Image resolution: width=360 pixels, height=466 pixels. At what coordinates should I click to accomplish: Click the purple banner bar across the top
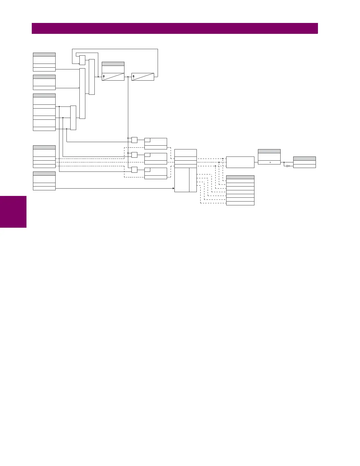tap(175, 29)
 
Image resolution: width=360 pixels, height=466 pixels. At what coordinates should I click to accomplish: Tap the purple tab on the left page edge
tap(13, 212)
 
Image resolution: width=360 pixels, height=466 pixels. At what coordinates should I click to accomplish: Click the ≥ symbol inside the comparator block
tap(270, 162)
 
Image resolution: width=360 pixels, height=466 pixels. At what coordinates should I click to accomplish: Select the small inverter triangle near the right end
tap(288, 166)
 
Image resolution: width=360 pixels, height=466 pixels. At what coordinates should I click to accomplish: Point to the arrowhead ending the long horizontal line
tap(174, 188)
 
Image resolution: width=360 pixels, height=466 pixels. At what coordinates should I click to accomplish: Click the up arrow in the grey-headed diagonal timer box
tap(104, 77)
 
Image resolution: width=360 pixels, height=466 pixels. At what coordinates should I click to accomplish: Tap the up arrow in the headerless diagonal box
tap(134, 77)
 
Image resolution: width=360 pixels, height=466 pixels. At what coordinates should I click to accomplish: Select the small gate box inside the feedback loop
tap(82, 60)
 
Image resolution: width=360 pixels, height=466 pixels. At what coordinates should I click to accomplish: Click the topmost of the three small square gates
tap(134, 140)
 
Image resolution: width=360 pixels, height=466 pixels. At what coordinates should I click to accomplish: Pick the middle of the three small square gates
tap(134, 155)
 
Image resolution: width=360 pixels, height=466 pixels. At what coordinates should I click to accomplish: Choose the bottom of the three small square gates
tap(134, 170)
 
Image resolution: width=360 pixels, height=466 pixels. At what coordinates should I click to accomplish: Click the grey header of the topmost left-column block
tap(44, 54)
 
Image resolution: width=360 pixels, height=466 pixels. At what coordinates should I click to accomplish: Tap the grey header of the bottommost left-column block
tap(44, 174)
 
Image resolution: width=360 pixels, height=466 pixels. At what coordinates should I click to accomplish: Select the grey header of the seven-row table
tap(240, 177)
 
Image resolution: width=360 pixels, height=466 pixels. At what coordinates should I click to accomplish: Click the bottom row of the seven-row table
tap(240, 203)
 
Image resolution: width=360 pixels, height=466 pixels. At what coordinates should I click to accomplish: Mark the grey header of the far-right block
tap(304, 159)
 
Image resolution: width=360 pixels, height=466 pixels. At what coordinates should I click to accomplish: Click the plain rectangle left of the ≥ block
tap(240, 162)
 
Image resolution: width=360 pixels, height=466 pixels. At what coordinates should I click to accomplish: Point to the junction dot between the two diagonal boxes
tap(128, 77)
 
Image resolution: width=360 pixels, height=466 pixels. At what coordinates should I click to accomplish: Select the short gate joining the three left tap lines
tap(73, 118)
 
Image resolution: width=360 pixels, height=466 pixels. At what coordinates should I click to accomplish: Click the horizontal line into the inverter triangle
tap(285, 166)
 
